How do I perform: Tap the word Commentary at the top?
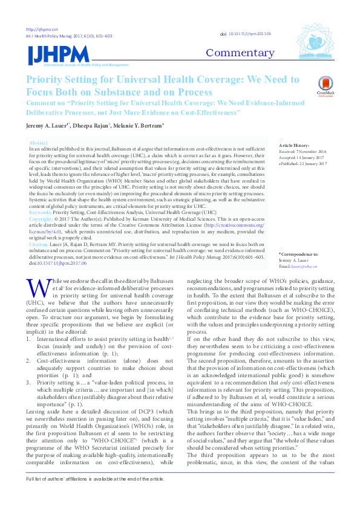click(x=241, y=53)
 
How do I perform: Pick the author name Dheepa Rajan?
click(x=92, y=125)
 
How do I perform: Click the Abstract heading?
click(x=38, y=142)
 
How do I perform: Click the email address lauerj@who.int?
click(x=307, y=266)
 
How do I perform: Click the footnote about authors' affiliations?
click(x=95, y=495)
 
